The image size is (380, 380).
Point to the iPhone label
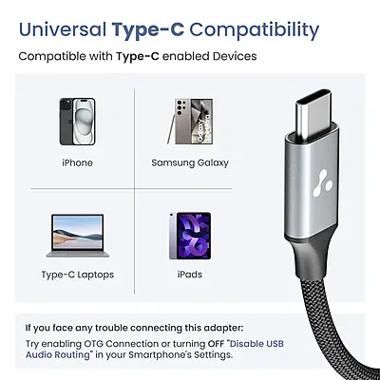coord(78,162)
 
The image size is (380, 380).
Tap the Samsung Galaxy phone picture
coord(189,121)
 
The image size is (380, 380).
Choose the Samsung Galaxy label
coord(190,162)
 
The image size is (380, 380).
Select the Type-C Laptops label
coord(78,275)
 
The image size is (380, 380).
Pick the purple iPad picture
coord(188,235)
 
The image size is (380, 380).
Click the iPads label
coord(190,275)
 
